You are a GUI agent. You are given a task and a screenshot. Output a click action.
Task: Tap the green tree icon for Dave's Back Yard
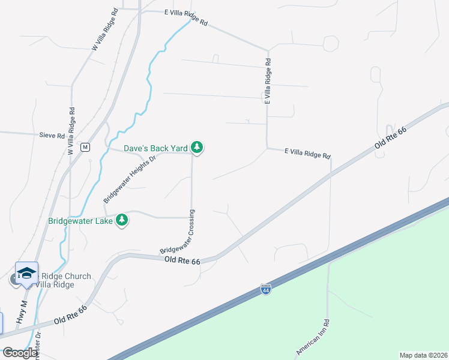197,147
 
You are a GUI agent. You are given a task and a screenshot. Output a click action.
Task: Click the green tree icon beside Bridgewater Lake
122,220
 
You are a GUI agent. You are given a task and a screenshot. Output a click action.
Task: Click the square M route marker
85,147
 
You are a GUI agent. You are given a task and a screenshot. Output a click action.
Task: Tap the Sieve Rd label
52,136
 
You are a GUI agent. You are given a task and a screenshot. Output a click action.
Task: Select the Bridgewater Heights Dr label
129,178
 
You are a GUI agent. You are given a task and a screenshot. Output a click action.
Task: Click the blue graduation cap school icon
26,274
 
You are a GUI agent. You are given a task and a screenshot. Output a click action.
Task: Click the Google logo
20,353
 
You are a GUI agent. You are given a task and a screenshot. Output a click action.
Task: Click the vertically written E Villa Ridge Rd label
268,82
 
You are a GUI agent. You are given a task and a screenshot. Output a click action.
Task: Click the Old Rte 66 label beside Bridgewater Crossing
182,259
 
